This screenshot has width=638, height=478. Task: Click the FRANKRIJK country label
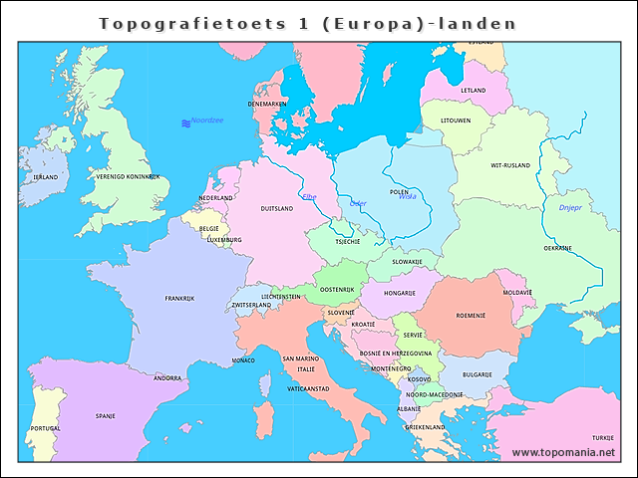(179, 298)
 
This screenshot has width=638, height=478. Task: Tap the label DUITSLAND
(276, 210)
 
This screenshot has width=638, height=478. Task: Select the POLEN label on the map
(399, 191)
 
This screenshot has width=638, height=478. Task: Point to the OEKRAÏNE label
(557, 248)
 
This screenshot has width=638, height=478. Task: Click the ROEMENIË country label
(470, 315)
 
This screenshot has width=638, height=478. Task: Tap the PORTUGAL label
(46, 428)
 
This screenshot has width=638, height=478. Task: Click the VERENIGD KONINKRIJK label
(128, 177)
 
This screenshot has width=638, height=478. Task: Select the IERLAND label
(46, 176)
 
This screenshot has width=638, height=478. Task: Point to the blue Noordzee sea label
(207, 120)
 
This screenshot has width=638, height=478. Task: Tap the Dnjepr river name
(569, 207)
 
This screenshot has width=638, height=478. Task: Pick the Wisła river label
(408, 197)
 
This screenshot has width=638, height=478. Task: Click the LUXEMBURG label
(224, 240)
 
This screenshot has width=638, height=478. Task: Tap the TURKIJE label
(602, 437)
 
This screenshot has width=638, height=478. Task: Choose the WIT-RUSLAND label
(510, 165)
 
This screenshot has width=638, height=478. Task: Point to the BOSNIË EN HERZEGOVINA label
(396, 354)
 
